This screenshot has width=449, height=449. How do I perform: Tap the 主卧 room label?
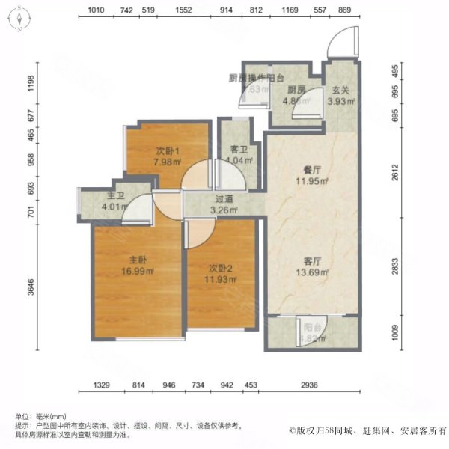pos(136,260)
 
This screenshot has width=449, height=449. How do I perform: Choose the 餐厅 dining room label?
pos(302,170)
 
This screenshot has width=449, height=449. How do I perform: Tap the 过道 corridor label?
pos(223,200)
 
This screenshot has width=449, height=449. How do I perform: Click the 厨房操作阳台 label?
pos(256,77)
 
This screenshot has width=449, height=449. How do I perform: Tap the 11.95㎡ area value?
pos(303,180)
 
